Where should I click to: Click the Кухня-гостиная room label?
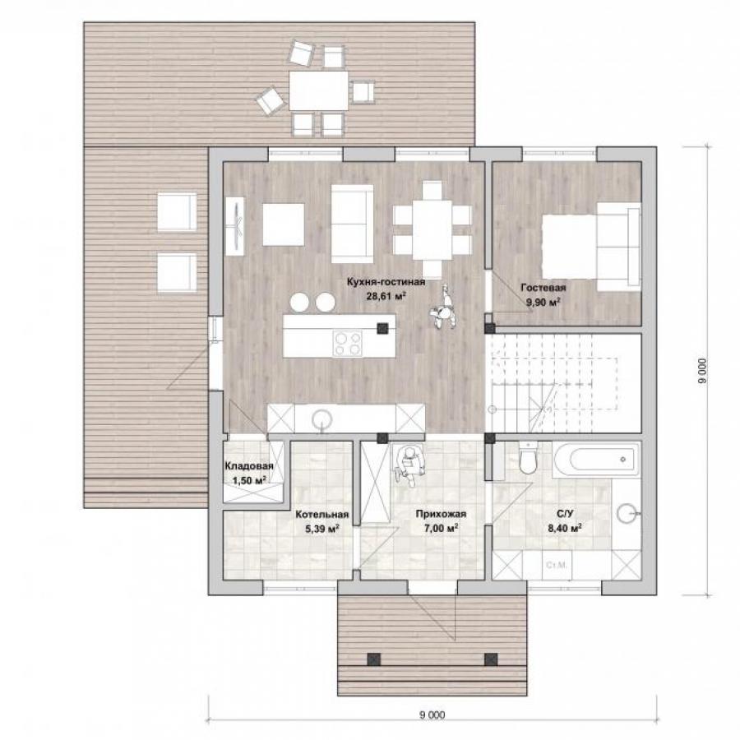(x=386, y=282)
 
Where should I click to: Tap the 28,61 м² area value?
(x=386, y=296)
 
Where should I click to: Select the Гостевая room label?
(x=543, y=288)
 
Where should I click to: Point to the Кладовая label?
(x=248, y=466)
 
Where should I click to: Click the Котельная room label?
(x=321, y=515)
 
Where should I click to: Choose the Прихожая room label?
(x=441, y=515)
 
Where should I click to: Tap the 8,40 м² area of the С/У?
(x=564, y=528)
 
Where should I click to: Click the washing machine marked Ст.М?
(x=557, y=565)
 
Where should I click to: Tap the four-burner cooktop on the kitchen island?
(x=347, y=343)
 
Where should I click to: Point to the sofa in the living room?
(x=352, y=223)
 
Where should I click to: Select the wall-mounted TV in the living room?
(x=235, y=226)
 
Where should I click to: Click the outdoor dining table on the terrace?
(x=318, y=90)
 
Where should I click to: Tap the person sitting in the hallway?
(x=408, y=465)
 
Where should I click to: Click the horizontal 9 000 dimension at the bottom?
(x=432, y=715)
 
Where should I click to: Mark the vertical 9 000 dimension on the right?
(x=703, y=371)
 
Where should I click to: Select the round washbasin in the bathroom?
(x=628, y=513)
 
